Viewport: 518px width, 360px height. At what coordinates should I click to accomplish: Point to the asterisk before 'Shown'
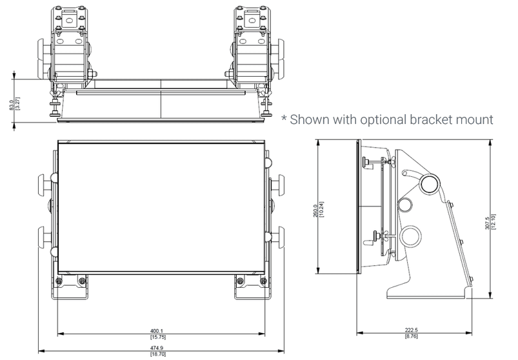pyautogui.click(x=284, y=120)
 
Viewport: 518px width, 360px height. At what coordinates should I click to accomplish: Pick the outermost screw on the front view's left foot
pyautogui.click(x=59, y=281)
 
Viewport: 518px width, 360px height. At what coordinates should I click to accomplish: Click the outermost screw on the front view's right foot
pyautogui.click(x=264, y=281)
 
